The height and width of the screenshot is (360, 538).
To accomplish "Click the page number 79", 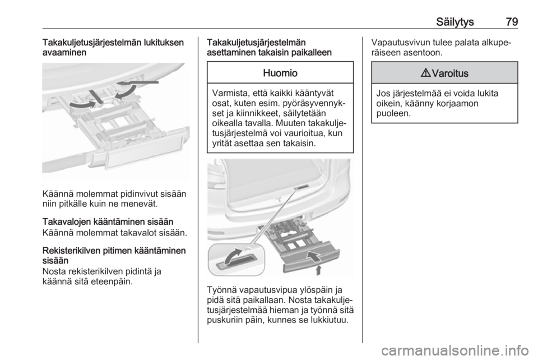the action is (x=512, y=22).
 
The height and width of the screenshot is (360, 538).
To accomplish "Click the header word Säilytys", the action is (x=455, y=22).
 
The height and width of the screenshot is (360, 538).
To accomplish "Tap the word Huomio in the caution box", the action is (x=280, y=73).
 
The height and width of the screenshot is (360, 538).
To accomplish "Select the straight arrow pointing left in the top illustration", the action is (x=137, y=82).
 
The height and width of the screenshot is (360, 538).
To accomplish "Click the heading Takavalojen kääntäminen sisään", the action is (x=108, y=221).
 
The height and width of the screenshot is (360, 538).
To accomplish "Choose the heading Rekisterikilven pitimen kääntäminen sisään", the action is (x=114, y=255).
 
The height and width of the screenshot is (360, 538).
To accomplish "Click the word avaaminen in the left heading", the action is (x=64, y=52).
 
